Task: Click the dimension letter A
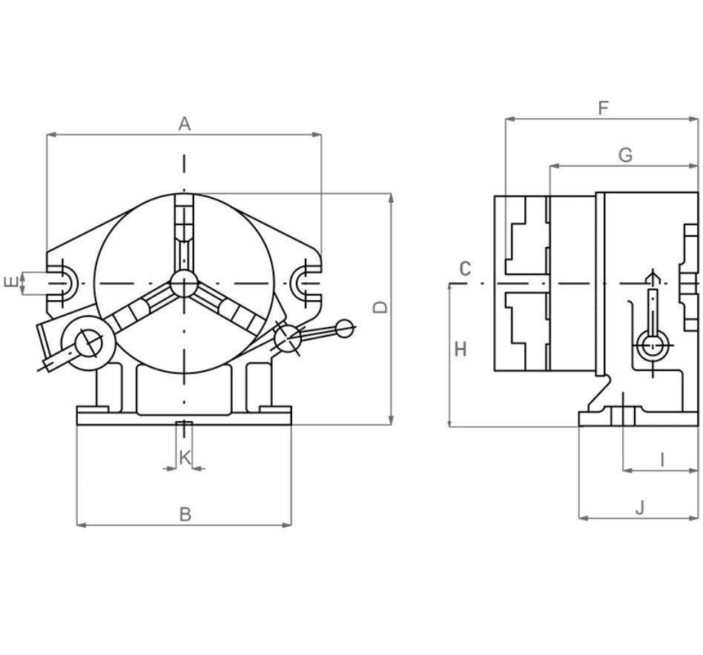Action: (x=184, y=124)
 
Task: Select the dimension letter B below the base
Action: (x=185, y=515)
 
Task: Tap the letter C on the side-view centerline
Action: (x=466, y=269)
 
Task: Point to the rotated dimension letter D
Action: (x=380, y=307)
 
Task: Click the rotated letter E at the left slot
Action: (x=11, y=282)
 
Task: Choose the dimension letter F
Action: (x=604, y=108)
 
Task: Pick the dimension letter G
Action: (x=625, y=155)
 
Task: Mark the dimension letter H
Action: (x=461, y=350)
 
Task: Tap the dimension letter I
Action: (x=663, y=459)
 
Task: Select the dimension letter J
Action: (x=640, y=508)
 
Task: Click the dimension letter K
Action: (x=185, y=458)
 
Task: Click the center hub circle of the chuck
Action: (x=184, y=283)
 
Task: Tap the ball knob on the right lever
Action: (x=344, y=328)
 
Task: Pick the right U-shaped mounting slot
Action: (x=306, y=283)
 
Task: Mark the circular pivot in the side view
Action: (x=653, y=345)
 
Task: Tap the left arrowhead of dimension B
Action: (x=81, y=525)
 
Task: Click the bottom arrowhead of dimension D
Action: (x=392, y=420)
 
